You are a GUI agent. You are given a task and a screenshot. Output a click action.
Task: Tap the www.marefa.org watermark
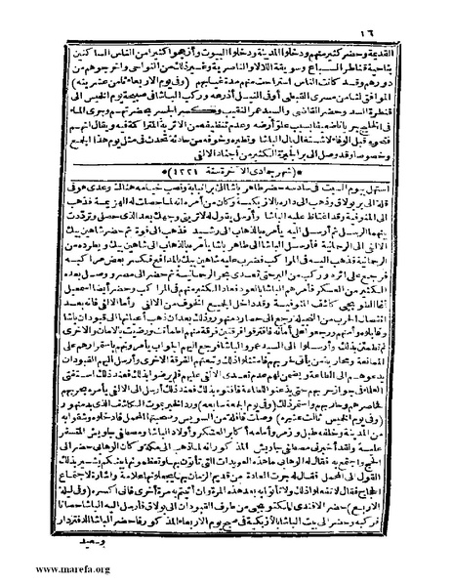pos(46,567)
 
